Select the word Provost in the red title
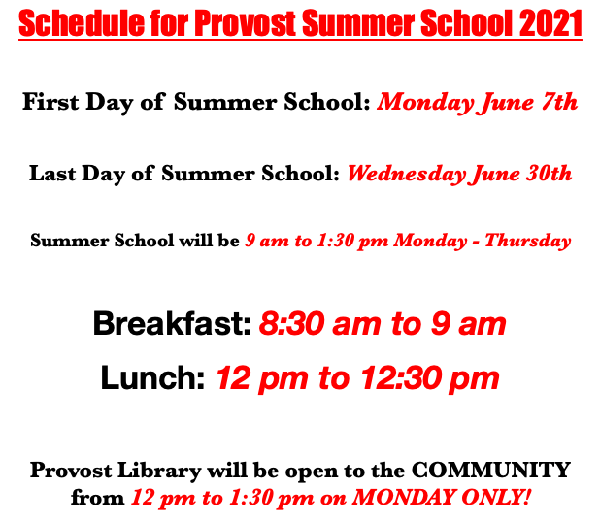[254, 23]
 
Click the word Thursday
[530, 241]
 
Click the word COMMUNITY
[491, 471]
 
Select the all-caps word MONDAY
[402, 499]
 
